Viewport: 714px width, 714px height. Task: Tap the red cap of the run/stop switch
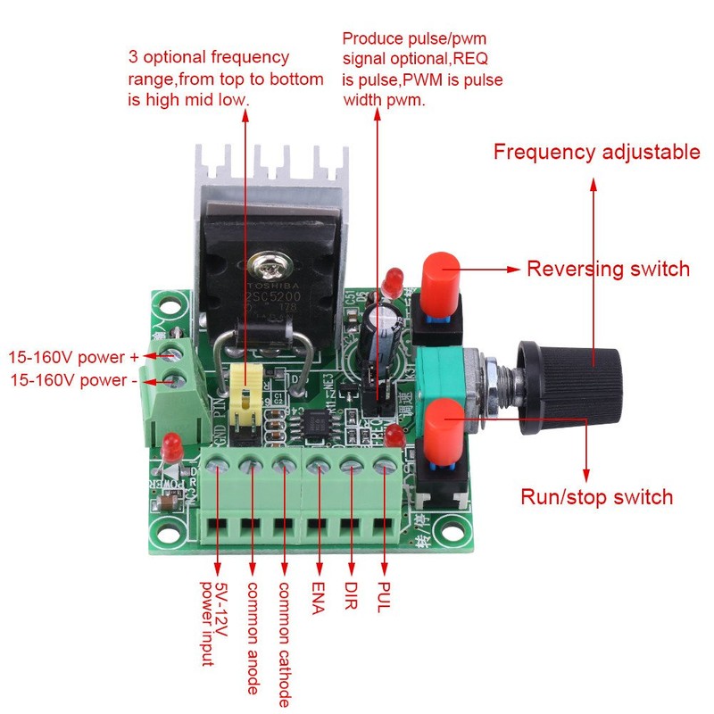(x=441, y=423)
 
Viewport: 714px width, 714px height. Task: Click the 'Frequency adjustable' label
(x=596, y=152)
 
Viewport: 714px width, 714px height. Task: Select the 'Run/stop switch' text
(x=596, y=497)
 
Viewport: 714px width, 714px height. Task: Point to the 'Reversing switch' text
(x=608, y=269)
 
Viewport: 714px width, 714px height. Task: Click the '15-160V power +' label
(x=73, y=357)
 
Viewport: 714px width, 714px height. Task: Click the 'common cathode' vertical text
(x=285, y=643)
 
